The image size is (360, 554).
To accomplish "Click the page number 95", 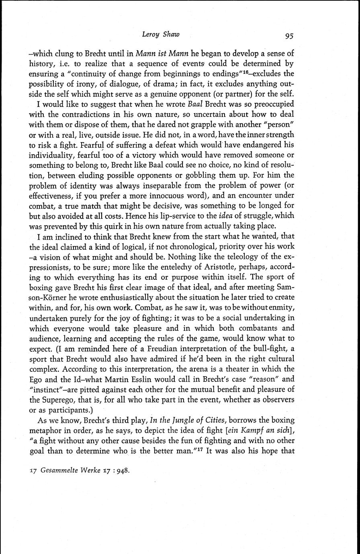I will (289, 36).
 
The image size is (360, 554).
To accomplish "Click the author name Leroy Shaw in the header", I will (161, 35).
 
